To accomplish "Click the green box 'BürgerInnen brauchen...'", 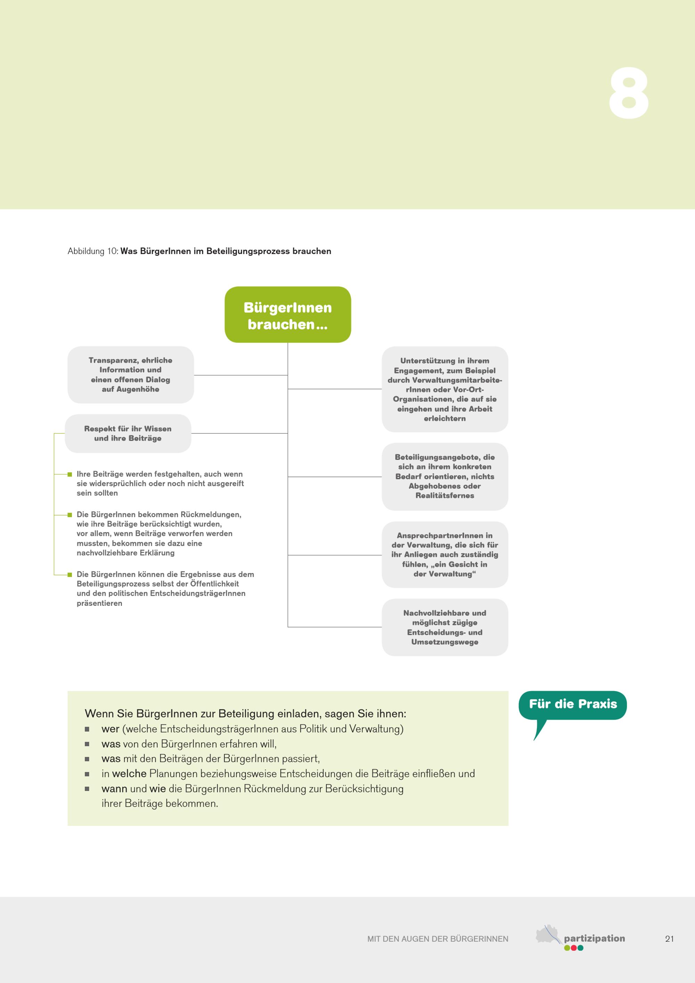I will pyautogui.click(x=288, y=315).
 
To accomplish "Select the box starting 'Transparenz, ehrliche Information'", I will pyautogui.click(x=131, y=375).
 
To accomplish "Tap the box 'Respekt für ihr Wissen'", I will pyautogui.click(x=128, y=433).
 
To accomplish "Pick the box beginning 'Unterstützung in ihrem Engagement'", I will pyautogui.click(x=445, y=389).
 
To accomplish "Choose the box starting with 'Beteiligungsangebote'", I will pyautogui.click(x=445, y=476).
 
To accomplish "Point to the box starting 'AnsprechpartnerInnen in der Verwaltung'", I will pyautogui.click(x=445, y=554).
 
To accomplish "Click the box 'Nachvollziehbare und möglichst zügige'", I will pyautogui.click(x=445, y=627).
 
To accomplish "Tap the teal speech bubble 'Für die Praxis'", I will pyautogui.click(x=573, y=704).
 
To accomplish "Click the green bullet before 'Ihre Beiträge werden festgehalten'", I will pyautogui.click(x=70, y=474).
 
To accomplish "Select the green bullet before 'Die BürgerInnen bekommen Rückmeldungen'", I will pyautogui.click(x=70, y=515).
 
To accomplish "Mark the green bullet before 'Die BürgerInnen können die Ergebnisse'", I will pyautogui.click(x=70, y=575).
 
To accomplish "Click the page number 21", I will pyautogui.click(x=669, y=939).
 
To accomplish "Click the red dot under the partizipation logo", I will pyautogui.click(x=573, y=948).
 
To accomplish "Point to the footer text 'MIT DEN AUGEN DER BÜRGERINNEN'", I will pyautogui.click(x=438, y=939).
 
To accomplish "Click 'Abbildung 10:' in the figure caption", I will pyautogui.click(x=93, y=251).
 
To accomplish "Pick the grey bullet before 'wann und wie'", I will pyautogui.click(x=87, y=789).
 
